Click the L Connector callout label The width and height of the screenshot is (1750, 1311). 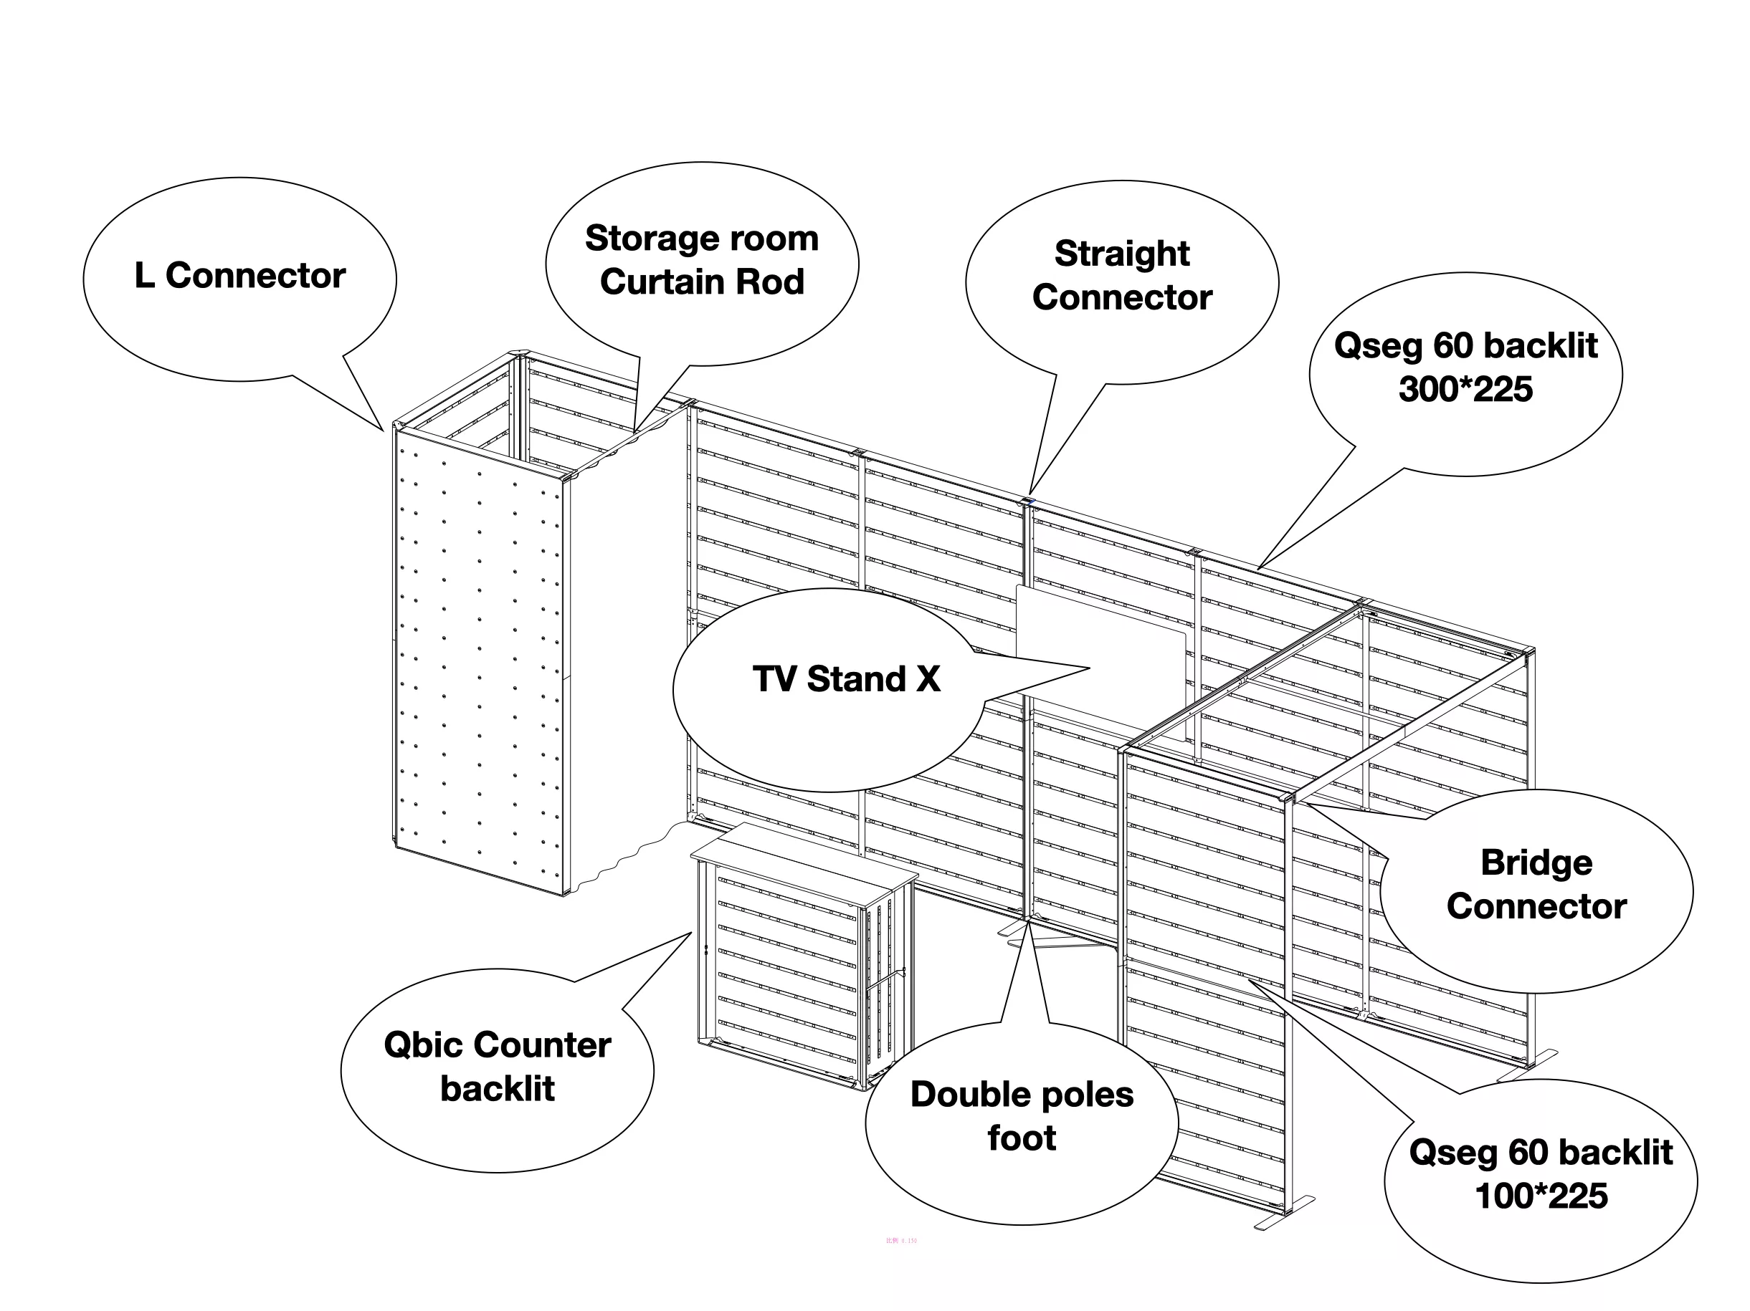(x=239, y=276)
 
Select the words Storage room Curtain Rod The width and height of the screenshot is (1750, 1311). (x=702, y=260)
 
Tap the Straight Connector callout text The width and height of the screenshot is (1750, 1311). (x=1122, y=276)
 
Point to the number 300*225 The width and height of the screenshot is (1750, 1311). (x=1465, y=390)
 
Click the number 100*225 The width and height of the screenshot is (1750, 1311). (x=1541, y=1196)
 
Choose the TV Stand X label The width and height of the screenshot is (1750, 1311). (x=846, y=679)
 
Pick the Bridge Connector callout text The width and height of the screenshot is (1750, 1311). (x=1536, y=884)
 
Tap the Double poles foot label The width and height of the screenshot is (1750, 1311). (x=1022, y=1116)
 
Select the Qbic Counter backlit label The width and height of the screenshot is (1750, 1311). (x=497, y=1067)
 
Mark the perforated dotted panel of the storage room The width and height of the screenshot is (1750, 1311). (x=479, y=664)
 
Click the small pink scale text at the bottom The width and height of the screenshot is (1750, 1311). (x=901, y=1241)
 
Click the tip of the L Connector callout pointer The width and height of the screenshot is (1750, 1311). (x=384, y=431)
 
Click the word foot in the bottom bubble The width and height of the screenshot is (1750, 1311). (x=1022, y=1138)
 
